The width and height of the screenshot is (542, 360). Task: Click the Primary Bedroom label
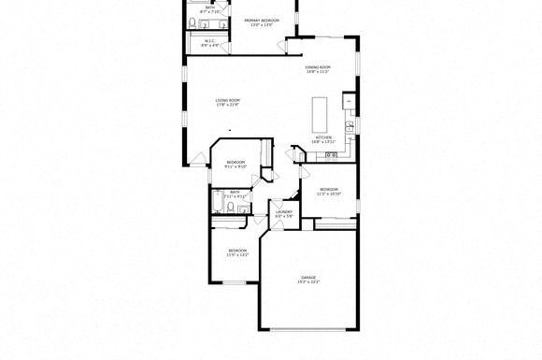(261, 19)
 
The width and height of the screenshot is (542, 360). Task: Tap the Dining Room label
(318, 67)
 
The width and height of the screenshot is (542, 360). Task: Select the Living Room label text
(228, 100)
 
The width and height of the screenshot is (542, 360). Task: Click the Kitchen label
(323, 137)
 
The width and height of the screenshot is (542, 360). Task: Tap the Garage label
(307, 278)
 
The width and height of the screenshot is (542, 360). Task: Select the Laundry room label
(284, 211)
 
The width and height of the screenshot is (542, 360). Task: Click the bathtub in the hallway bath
(218, 202)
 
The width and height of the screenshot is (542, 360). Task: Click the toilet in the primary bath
(193, 22)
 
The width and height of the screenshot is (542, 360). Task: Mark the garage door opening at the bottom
(307, 329)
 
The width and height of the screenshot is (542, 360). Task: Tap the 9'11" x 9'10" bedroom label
(235, 164)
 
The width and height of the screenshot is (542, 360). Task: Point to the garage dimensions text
(307, 282)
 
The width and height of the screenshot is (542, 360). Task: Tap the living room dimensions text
(228, 105)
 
